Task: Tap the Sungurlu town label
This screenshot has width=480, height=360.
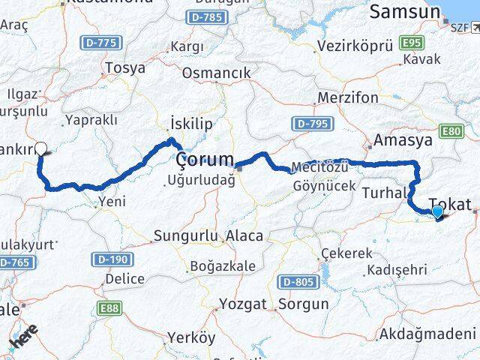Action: (x=184, y=236)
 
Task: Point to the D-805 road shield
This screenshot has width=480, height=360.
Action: (x=295, y=282)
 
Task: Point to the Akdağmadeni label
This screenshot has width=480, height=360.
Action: (x=427, y=333)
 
